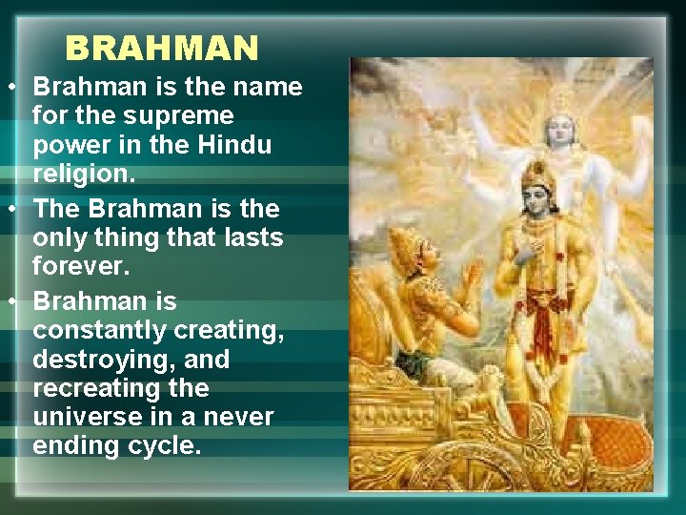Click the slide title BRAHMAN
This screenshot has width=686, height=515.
(162, 47)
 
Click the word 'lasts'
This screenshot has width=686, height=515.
(252, 237)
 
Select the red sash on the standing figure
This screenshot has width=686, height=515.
(543, 324)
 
